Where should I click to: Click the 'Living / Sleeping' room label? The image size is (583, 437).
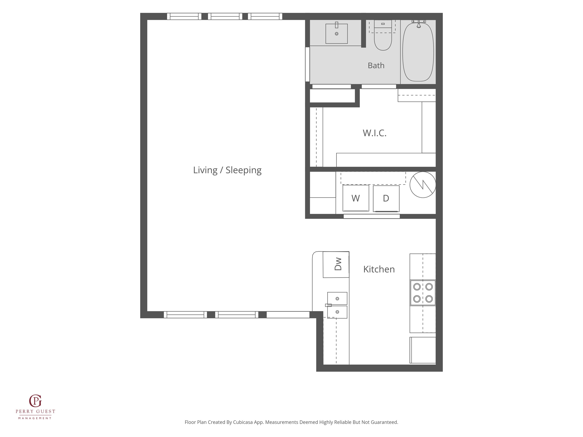pyautogui.click(x=227, y=170)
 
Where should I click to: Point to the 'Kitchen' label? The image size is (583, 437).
pyautogui.click(x=379, y=269)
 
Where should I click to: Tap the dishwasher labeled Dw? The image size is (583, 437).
pyautogui.click(x=336, y=265)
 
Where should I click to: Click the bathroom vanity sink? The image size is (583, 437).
pyautogui.click(x=337, y=34)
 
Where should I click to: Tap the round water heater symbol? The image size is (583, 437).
pyautogui.click(x=423, y=185)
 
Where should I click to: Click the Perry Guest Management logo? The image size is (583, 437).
pyautogui.click(x=35, y=407)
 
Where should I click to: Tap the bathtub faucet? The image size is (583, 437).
pyautogui.click(x=419, y=24)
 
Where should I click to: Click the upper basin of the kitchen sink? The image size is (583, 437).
pyautogui.click(x=337, y=298)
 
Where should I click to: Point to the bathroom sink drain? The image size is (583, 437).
pyautogui.click(x=337, y=34)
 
